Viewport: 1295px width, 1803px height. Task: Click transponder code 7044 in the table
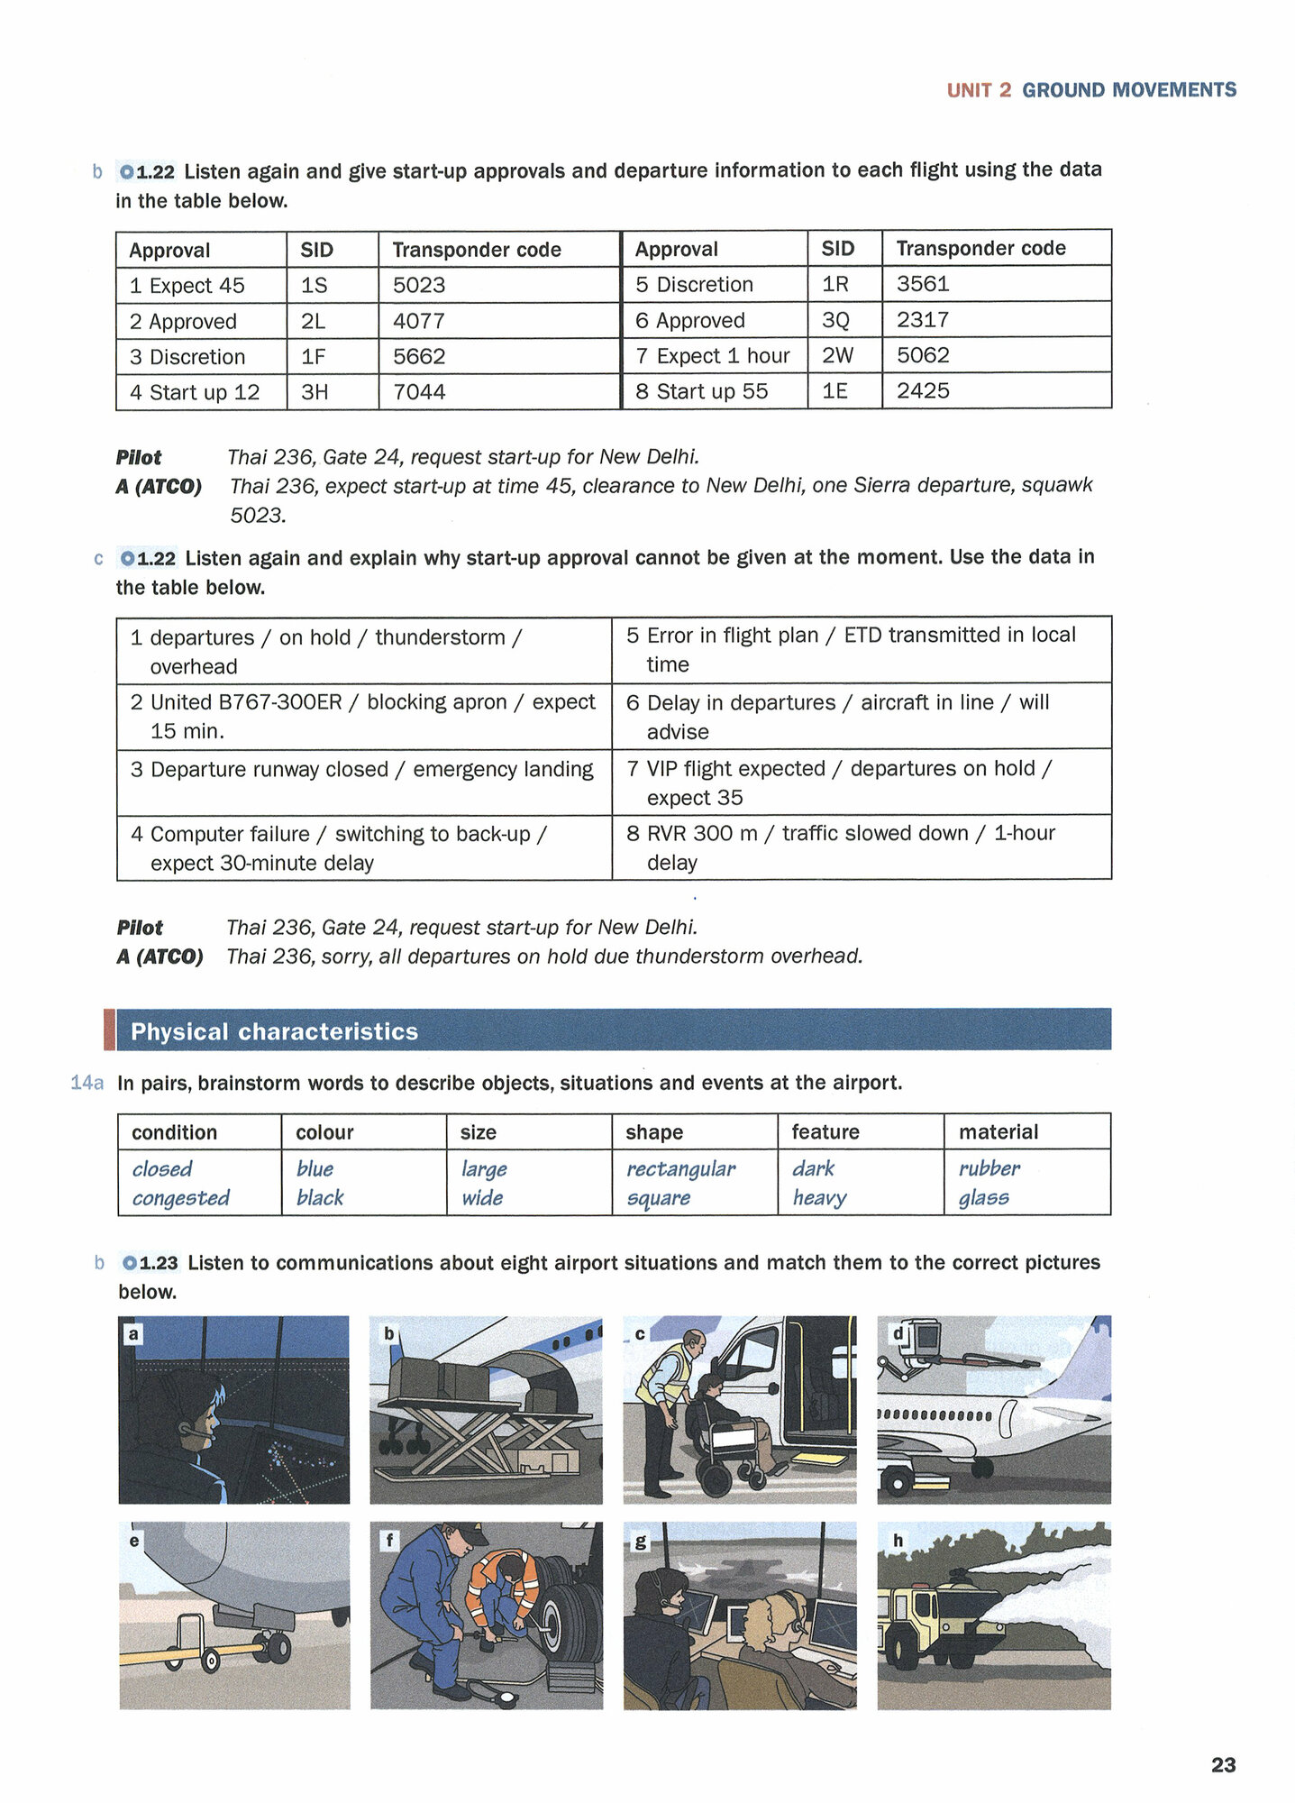(419, 392)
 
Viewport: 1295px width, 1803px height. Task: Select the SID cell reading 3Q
(835, 320)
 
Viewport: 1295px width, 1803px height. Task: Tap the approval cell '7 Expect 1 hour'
(713, 356)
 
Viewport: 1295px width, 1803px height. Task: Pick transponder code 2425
(923, 391)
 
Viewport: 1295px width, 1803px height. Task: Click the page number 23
(1223, 1764)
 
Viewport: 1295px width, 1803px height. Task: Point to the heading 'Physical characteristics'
(274, 1031)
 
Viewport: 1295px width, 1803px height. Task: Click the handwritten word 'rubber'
(989, 1168)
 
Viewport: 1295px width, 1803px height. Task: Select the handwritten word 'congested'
(180, 1198)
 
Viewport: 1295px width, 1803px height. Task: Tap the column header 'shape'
(654, 1132)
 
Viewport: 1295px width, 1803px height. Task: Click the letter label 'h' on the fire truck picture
(898, 1541)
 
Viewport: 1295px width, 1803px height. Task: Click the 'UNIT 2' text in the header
(979, 90)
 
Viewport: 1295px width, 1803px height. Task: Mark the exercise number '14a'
(87, 1083)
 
